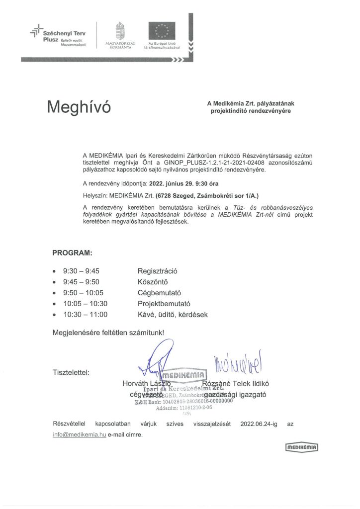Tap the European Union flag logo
click(161, 31)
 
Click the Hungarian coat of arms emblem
click(119, 31)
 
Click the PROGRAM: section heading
click(72, 253)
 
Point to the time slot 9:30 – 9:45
click(81, 271)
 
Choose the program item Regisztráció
click(157, 271)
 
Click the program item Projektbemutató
click(164, 304)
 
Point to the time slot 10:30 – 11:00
click(85, 315)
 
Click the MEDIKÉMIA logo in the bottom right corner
click(302, 448)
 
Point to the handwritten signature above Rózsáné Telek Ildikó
click(240, 364)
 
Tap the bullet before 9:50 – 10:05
click(54, 293)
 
